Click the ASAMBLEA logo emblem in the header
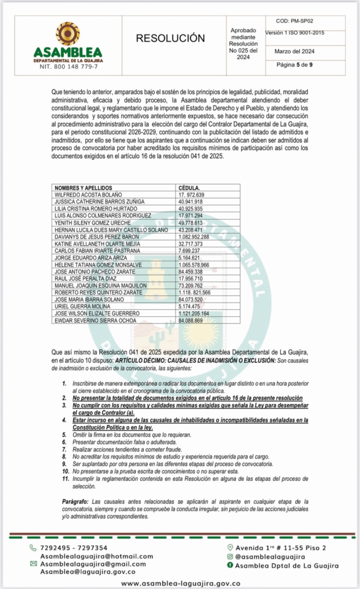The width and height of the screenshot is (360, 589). click(68, 34)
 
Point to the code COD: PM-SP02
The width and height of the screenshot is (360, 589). click(294, 21)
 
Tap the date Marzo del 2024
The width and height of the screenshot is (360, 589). click(294, 51)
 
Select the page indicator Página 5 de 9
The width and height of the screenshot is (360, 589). click(294, 65)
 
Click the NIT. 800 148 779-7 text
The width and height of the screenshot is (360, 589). click(68, 67)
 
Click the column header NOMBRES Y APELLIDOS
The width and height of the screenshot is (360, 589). click(83, 188)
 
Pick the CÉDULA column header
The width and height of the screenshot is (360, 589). click(189, 188)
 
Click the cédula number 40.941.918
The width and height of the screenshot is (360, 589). click(191, 202)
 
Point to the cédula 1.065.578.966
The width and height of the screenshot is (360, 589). click(194, 265)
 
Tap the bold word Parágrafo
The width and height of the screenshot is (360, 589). click(75, 502)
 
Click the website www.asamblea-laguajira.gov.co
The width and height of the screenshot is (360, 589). click(180, 583)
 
